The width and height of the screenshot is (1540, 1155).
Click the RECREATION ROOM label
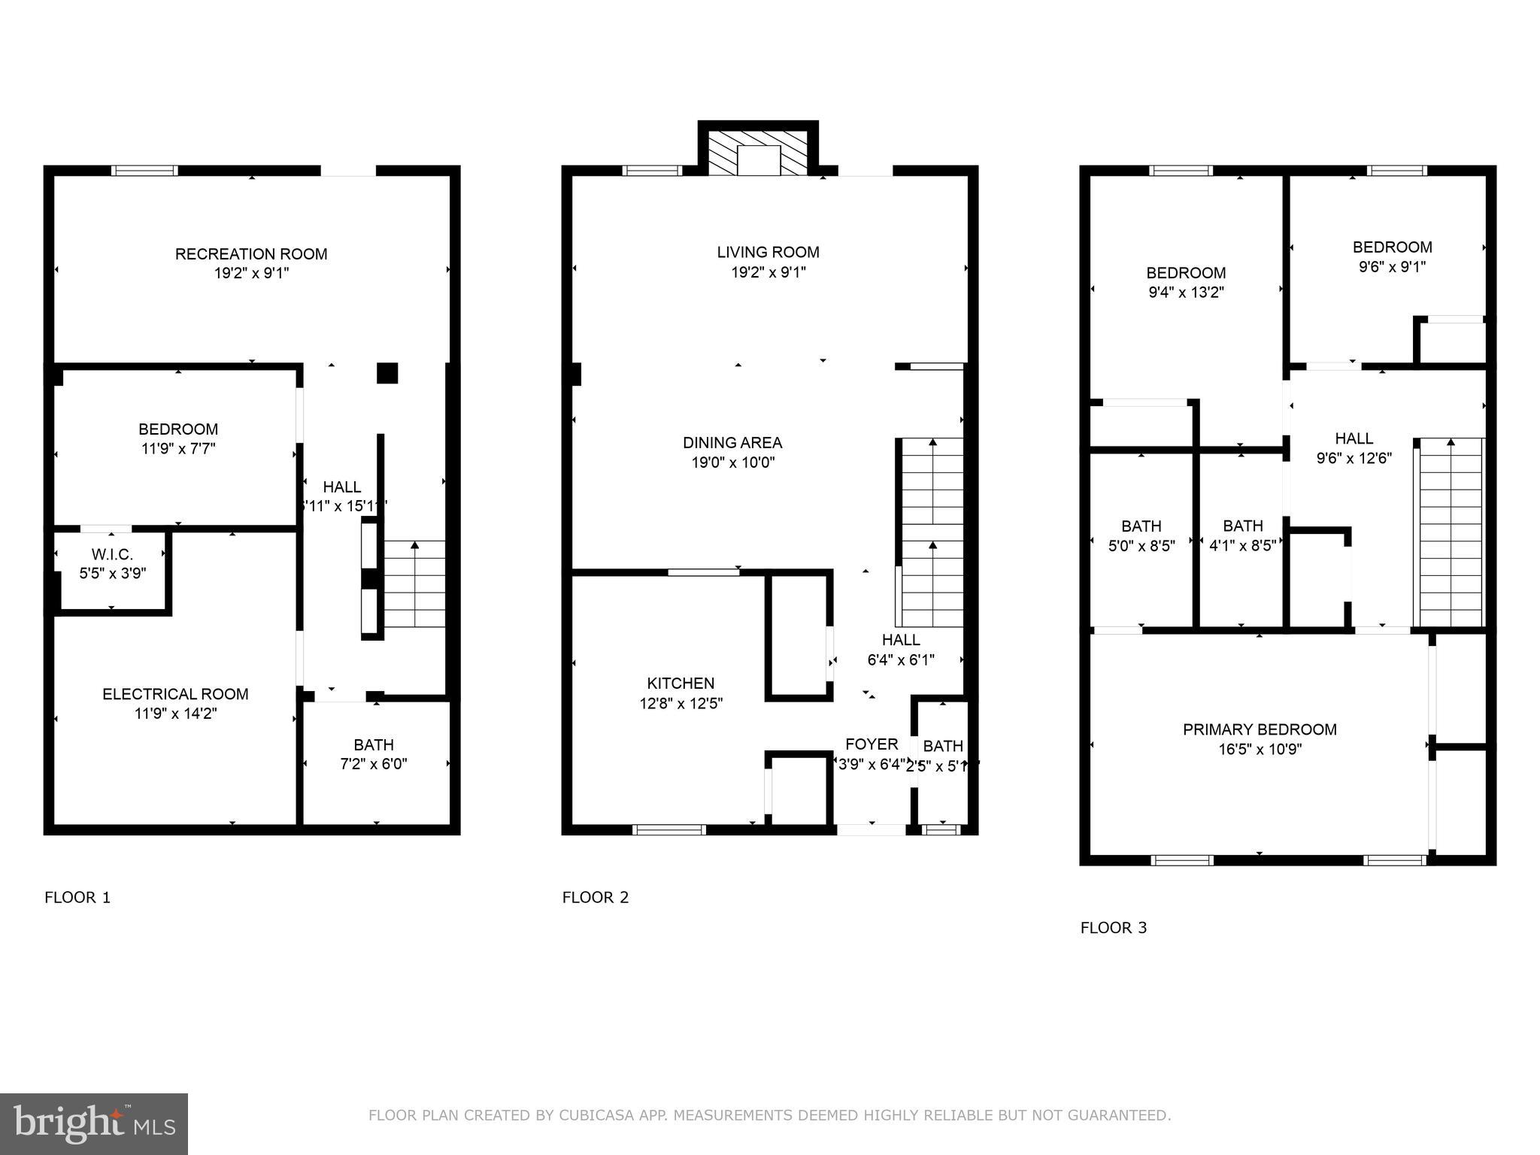click(x=251, y=254)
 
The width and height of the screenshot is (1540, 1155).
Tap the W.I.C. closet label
click(x=112, y=554)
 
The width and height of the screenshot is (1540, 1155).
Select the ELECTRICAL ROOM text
click(x=175, y=694)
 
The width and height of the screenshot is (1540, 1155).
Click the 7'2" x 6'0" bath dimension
click(x=374, y=764)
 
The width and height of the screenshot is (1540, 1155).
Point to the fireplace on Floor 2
click(x=759, y=153)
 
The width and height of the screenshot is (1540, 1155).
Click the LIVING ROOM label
click(x=768, y=253)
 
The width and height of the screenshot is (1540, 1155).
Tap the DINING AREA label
click(x=732, y=443)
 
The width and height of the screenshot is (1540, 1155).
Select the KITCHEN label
click(x=681, y=684)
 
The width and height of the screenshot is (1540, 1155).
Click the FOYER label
click(x=872, y=744)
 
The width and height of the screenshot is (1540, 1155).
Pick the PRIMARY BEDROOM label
click(x=1260, y=729)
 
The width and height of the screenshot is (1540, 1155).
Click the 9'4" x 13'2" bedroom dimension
click(x=1186, y=293)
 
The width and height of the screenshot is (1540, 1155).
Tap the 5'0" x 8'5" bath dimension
click(x=1141, y=546)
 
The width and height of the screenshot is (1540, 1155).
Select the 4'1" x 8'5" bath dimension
click(x=1242, y=546)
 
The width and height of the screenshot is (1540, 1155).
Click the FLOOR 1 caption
click(x=77, y=897)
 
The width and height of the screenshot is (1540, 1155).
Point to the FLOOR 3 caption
click(x=1113, y=928)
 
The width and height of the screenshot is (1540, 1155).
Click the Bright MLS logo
click(x=93, y=1123)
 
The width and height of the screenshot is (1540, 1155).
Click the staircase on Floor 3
click(x=1451, y=534)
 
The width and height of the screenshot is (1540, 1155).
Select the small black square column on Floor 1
click(x=387, y=373)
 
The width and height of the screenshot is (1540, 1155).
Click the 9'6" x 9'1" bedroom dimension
click(x=1392, y=267)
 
